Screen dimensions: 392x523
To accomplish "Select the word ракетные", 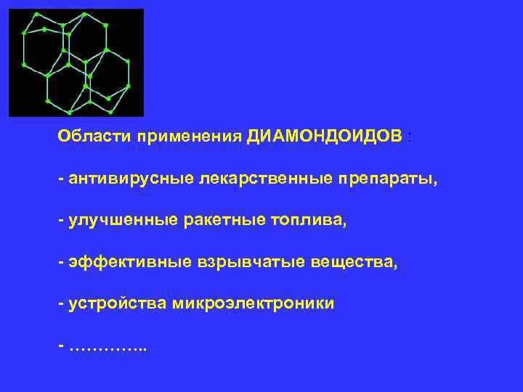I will (x=219, y=220).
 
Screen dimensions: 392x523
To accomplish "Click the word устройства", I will (x=117, y=304).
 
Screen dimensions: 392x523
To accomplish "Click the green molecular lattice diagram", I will (x=76, y=62).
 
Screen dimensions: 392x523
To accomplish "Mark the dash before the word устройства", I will (x=61, y=304).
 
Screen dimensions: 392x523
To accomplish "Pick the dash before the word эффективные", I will (x=61, y=262).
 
